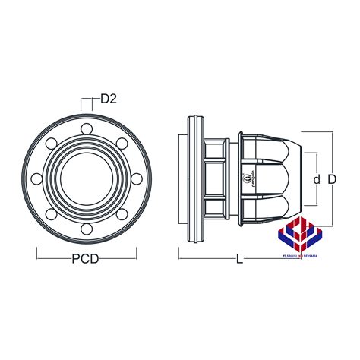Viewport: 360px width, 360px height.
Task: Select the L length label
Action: (x=239, y=259)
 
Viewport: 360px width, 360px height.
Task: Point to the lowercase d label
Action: (x=316, y=179)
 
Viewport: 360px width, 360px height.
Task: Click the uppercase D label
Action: (x=331, y=179)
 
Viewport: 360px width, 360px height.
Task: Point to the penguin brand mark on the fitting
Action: (x=249, y=179)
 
